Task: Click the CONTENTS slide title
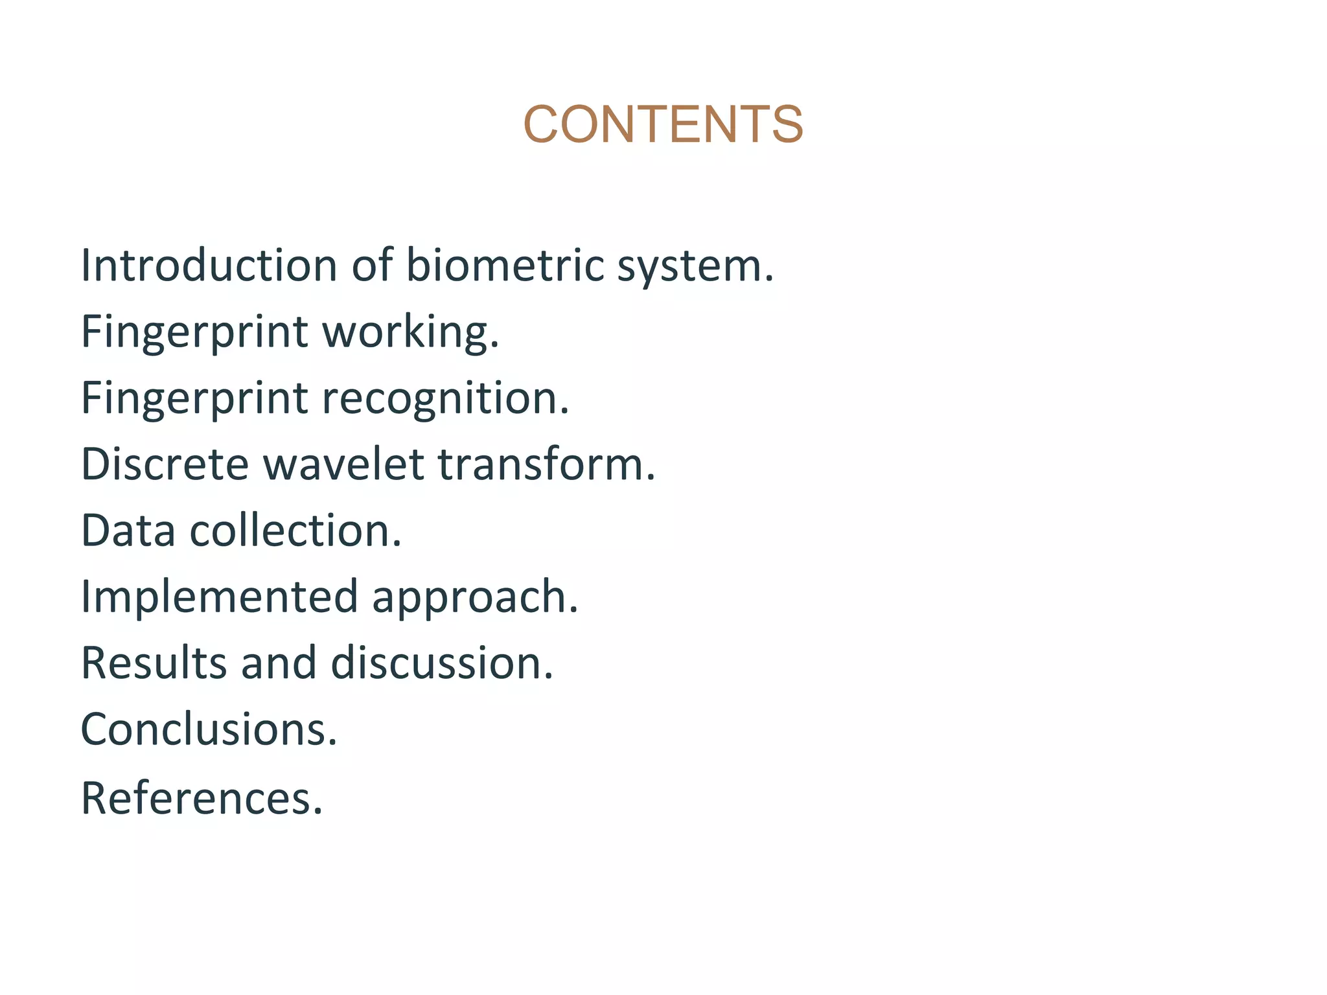[x=663, y=124]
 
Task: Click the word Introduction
[x=209, y=266]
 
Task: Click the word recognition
[x=445, y=399]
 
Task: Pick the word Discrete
[x=165, y=464]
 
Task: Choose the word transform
[x=546, y=464]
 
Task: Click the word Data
[x=128, y=531]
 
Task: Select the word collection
[x=295, y=531]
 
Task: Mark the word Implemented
[x=219, y=597]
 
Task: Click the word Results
[x=154, y=663]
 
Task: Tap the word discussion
[x=442, y=663]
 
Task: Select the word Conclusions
[x=209, y=729]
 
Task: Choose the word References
[x=201, y=798]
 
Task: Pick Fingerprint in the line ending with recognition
[x=194, y=399]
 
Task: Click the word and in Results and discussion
[x=279, y=663]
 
